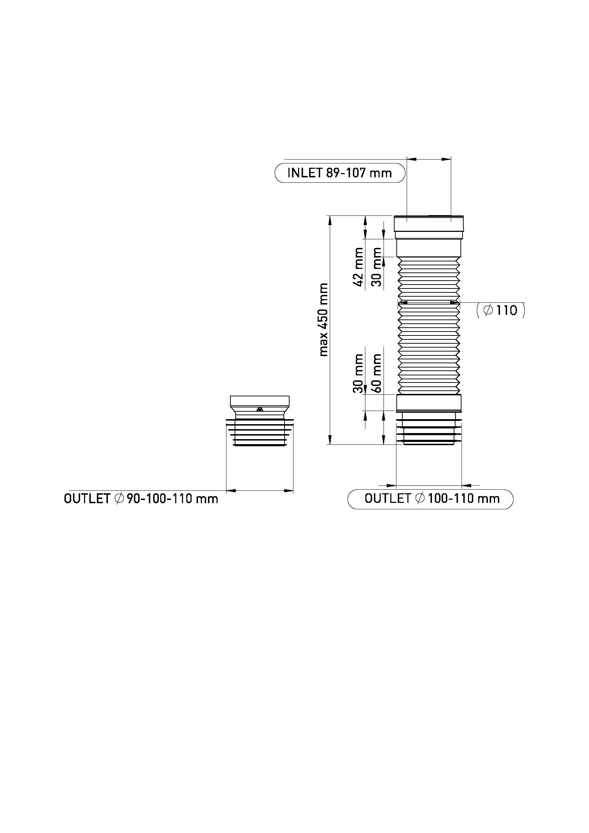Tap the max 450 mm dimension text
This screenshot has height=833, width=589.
click(x=323, y=319)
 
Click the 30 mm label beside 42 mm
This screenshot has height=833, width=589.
click(x=377, y=267)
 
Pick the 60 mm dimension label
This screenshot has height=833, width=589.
click(x=377, y=373)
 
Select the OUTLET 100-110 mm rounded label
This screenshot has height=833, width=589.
click(x=431, y=499)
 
